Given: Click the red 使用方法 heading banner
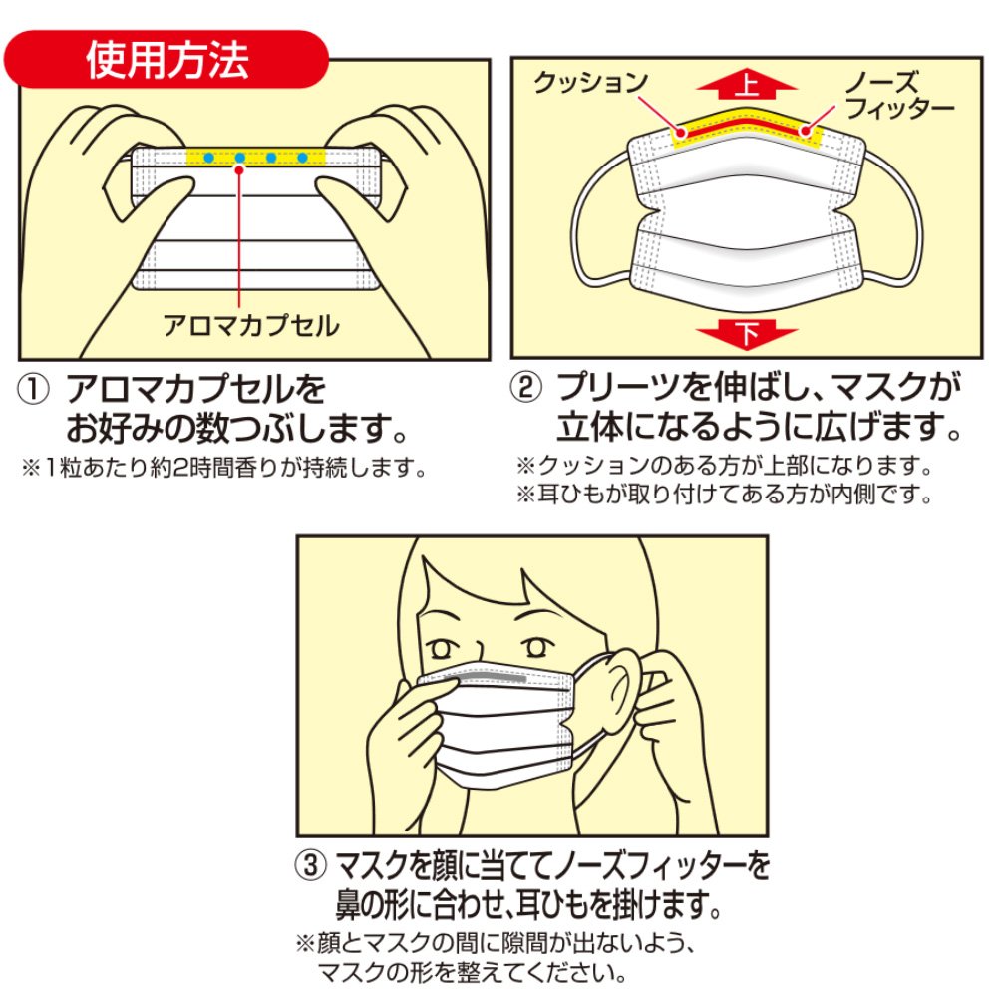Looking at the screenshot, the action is [x=166, y=59].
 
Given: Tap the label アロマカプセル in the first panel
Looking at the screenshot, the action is [x=251, y=326].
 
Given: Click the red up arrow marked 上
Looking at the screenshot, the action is [x=747, y=85].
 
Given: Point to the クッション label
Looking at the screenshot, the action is [x=590, y=83].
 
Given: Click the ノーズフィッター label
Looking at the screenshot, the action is [x=899, y=95].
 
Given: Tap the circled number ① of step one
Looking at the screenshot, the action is [x=33, y=389].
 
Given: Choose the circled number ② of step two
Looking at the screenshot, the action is [x=526, y=387].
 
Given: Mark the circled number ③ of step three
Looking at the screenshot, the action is [x=311, y=865].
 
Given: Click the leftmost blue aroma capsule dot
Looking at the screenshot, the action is [x=209, y=158].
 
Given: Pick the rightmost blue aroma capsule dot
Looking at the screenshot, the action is [x=303, y=158].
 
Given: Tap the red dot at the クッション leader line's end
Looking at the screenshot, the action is [x=681, y=133].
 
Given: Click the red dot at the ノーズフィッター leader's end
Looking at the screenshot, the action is [x=805, y=132].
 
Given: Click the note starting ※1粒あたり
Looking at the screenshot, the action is [x=223, y=468].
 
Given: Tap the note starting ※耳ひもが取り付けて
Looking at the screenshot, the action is [x=724, y=494].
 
